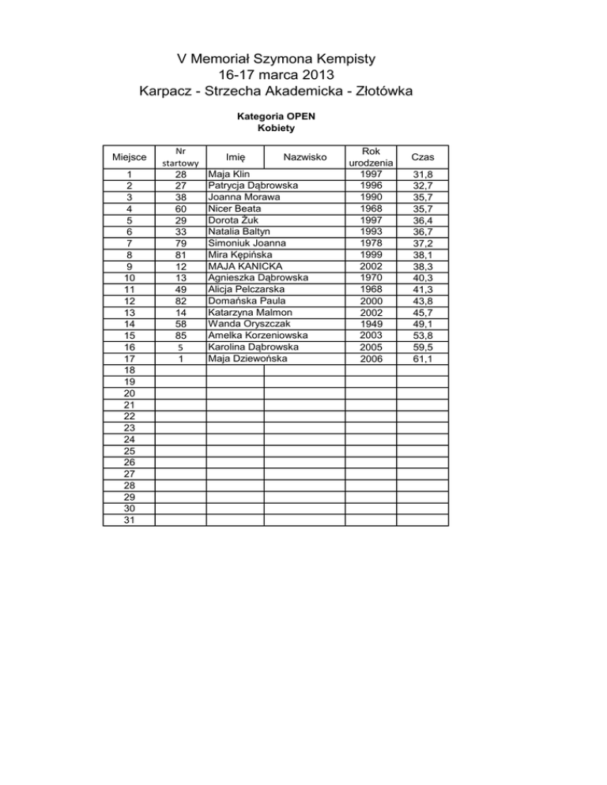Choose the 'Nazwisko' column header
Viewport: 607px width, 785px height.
click(x=304, y=158)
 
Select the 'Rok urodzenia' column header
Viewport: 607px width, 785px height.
click(x=371, y=156)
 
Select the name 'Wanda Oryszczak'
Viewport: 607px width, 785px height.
click(x=248, y=325)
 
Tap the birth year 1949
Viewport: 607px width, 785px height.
click(x=371, y=324)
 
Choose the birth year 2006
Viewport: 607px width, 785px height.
click(x=371, y=359)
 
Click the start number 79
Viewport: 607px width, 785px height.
click(x=181, y=244)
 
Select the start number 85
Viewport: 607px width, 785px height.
click(x=181, y=336)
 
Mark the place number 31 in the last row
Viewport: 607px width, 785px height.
click(x=128, y=520)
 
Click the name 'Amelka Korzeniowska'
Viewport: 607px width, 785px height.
click(x=258, y=336)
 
